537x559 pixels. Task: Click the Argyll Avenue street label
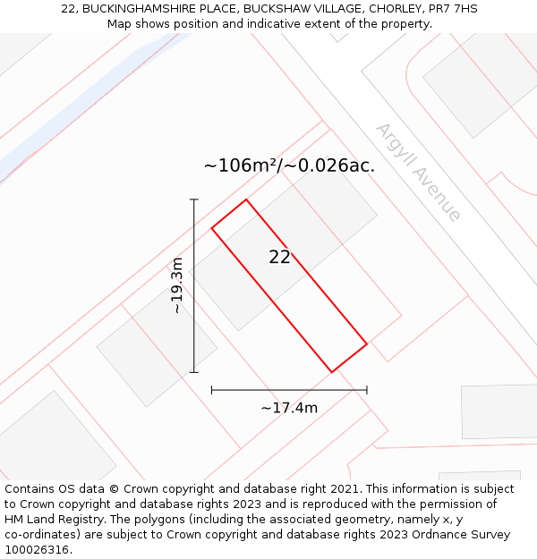pos(418,173)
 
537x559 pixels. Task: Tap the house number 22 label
pos(279,257)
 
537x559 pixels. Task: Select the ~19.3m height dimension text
pos(177,285)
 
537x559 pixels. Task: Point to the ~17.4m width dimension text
pos(289,408)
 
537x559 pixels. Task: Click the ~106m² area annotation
pos(289,165)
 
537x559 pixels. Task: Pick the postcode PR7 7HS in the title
pos(452,9)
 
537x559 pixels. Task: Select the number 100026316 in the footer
pos(37,549)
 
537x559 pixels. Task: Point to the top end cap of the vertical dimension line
pos(194,199)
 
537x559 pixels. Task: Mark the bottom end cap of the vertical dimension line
pos(194,372)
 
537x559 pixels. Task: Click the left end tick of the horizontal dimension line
pos(212,389)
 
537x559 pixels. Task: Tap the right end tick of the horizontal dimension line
pos(367,389)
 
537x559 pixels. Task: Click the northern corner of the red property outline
pos(246,199)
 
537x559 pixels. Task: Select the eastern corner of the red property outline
pos(367,343)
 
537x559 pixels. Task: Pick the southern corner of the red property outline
pos(332,372)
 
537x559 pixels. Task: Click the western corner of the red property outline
pos(212,228)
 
